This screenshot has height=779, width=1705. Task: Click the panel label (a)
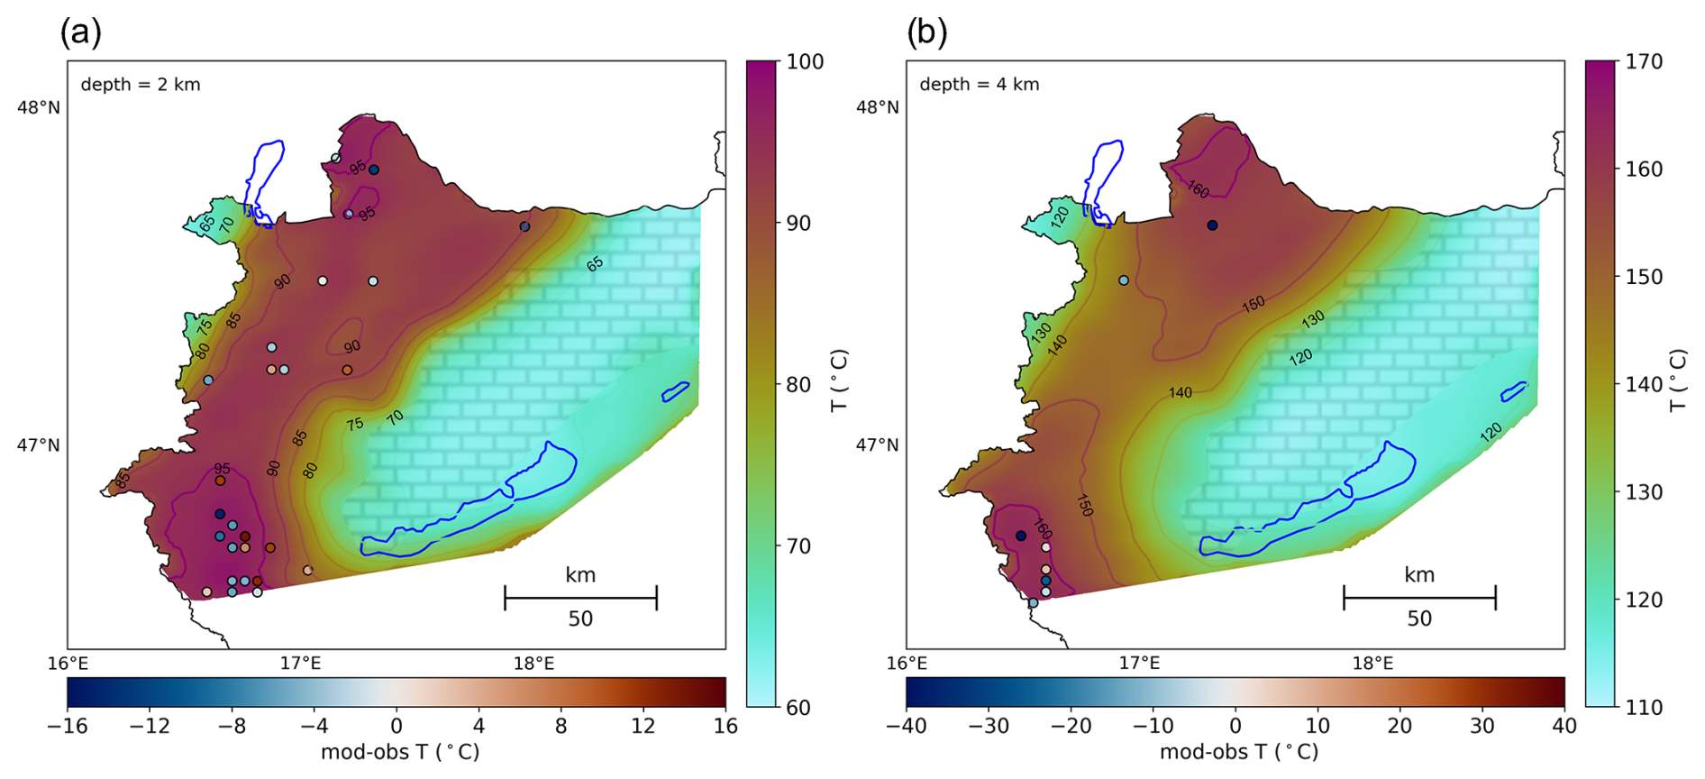(x=80, y=33)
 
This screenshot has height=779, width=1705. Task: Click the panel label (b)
(x=926, y=33)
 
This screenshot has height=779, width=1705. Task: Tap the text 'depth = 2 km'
(x=141, y=85)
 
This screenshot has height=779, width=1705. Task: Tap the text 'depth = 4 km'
(x=979, y=85)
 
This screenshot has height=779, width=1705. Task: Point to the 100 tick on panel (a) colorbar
(x=805, y=61)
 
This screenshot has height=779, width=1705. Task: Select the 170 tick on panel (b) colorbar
(x=1645, y=61)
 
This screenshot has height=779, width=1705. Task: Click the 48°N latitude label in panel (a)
(x=39, y=107)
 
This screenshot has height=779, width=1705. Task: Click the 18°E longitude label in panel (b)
(x=1372, y=664)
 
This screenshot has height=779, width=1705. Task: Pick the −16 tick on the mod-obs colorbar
(x=67, y=726)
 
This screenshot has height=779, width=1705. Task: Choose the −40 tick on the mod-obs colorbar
(x=906, y=726)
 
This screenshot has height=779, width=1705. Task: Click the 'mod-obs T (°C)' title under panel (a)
(x=400, y=752)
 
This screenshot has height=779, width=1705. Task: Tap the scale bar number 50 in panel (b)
(x=1419, y=619)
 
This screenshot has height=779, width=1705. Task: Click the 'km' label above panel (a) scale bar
(x=580, y=575)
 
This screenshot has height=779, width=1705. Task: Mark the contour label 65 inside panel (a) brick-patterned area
(x=595, y=264)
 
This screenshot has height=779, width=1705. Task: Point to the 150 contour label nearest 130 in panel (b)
(x=1253, y=305)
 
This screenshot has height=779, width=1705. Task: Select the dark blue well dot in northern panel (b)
(x=1212, y=225)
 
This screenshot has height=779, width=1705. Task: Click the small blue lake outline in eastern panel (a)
(x=675, y=391)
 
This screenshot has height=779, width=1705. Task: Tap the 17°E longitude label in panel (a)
(x=300, y=664)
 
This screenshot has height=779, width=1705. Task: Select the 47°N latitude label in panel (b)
(x=877, y=445)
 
